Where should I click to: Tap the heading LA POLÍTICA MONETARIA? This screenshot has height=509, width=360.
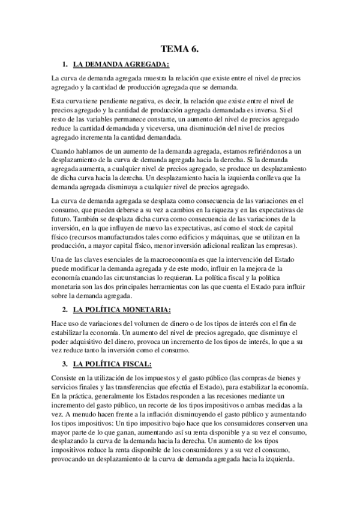click(x=122, y=310)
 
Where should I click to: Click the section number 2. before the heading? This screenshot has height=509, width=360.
click(x=65, y=310)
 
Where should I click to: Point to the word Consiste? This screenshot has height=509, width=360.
click(x=65, y=378)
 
